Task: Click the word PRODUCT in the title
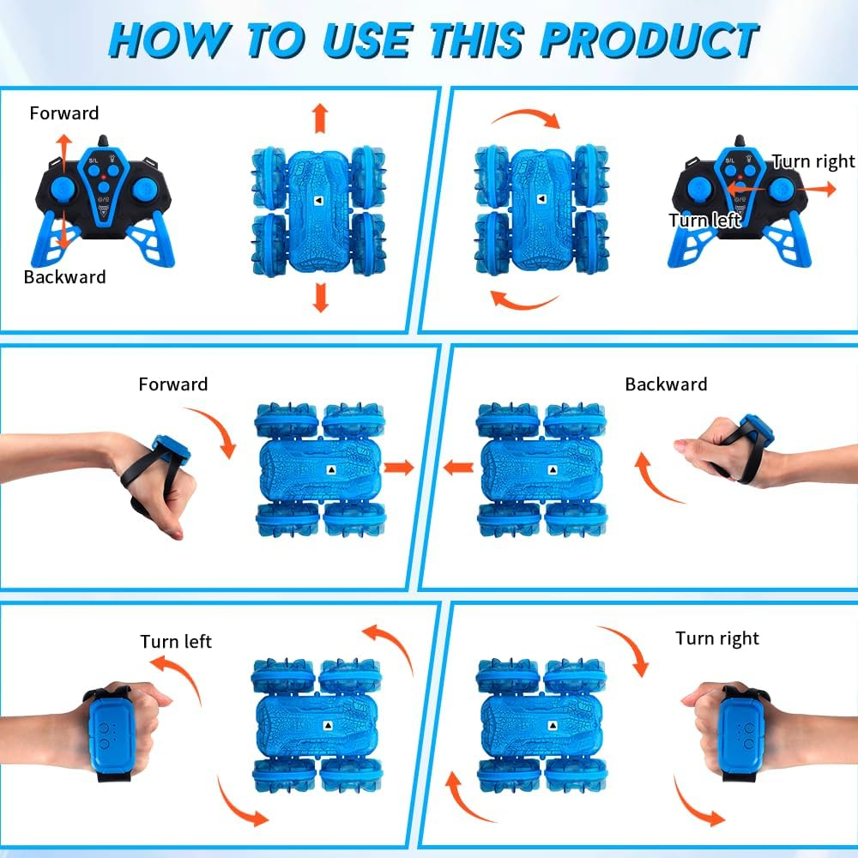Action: pos(649,40)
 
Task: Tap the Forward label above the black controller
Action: pos(64,113)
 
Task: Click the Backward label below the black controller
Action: pos(64,277)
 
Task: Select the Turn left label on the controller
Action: pos(704,220)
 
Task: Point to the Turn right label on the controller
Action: pos(813,161)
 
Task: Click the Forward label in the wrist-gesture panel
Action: pos(173,384)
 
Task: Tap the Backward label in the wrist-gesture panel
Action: pos(666,384)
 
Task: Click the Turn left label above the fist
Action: pos(176,641)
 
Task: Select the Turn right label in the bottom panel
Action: pos(716,638)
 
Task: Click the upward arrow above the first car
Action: pos(321,118)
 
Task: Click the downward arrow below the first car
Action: pos(321,297)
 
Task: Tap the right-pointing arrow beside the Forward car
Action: pos(399,468)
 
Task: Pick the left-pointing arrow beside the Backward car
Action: pos(458,468)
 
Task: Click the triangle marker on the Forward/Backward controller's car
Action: pos(318,201)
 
